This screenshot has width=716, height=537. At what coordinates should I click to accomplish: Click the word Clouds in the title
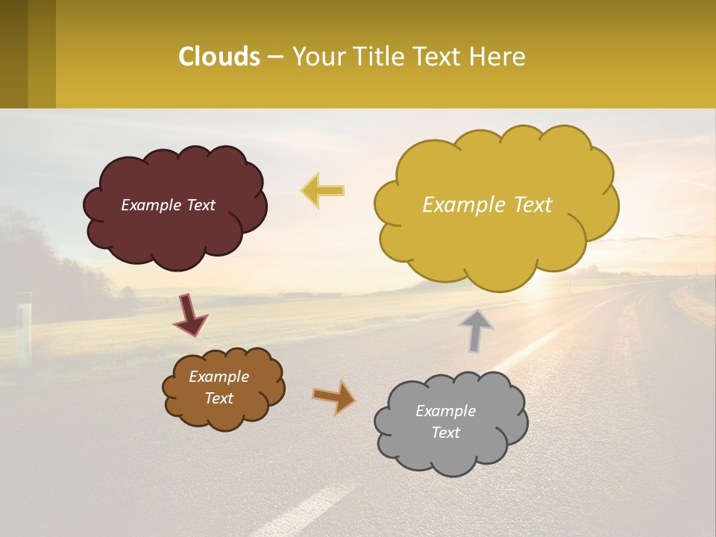pos(219,56)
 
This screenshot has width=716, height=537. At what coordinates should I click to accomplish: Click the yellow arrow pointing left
pos(322,190)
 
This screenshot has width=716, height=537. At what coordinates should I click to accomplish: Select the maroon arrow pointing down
pos(190,314)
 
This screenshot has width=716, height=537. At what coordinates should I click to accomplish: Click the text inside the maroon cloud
pos(168,205)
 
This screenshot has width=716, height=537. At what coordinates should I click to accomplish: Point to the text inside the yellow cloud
pos(487,204)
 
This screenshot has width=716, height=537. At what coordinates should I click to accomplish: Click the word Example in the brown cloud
pos(219,377)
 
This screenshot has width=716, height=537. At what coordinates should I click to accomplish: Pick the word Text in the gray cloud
pos(445,433)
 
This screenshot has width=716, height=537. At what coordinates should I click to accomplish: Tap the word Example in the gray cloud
pos(445,411)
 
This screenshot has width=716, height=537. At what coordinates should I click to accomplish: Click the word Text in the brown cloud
pos(219,398)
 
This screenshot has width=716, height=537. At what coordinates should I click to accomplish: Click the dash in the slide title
pos(275,57)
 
